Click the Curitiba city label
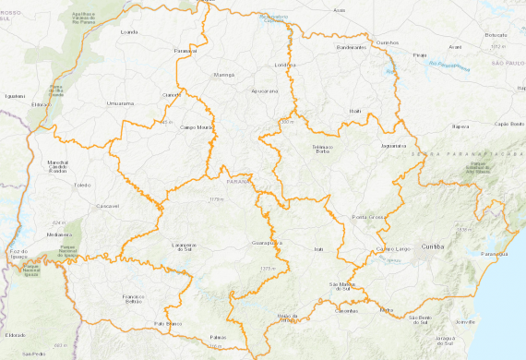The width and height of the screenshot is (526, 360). (432, 247)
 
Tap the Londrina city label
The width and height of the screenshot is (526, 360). (286, 66)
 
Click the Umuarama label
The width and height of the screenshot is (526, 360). (122, 104)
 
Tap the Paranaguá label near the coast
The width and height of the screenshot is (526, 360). (495, 253)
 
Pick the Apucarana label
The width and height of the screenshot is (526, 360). (264, 92)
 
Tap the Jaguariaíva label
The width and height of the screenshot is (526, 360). (392, 146)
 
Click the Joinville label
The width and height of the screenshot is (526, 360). (465, 322)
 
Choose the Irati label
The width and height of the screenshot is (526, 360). (319, 249)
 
